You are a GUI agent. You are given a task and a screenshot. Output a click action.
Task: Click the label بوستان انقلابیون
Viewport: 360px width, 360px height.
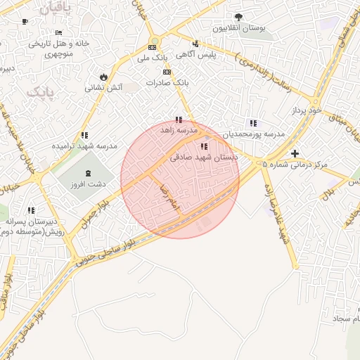point(243,27)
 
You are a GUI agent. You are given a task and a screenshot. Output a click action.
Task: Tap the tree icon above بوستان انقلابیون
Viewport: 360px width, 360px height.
point(238,16)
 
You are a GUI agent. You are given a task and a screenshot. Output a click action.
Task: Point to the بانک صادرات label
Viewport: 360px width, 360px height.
point(167,82)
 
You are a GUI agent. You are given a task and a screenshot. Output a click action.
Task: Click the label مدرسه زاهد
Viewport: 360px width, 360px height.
point(177,130)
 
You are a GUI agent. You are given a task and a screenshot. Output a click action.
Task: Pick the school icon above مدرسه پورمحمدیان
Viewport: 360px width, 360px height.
point(252,123)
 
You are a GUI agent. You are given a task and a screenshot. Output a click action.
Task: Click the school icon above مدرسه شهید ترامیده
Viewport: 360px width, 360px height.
point(84,135)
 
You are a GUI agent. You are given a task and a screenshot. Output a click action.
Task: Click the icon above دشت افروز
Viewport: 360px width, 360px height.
point(88,174)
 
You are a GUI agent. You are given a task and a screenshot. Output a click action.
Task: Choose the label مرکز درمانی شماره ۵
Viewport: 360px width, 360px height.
point(295,164)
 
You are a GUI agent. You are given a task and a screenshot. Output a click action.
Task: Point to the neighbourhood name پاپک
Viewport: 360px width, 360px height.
point(39,92)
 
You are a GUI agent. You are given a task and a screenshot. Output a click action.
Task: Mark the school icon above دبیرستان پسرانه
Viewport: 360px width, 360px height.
point(31,210)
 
